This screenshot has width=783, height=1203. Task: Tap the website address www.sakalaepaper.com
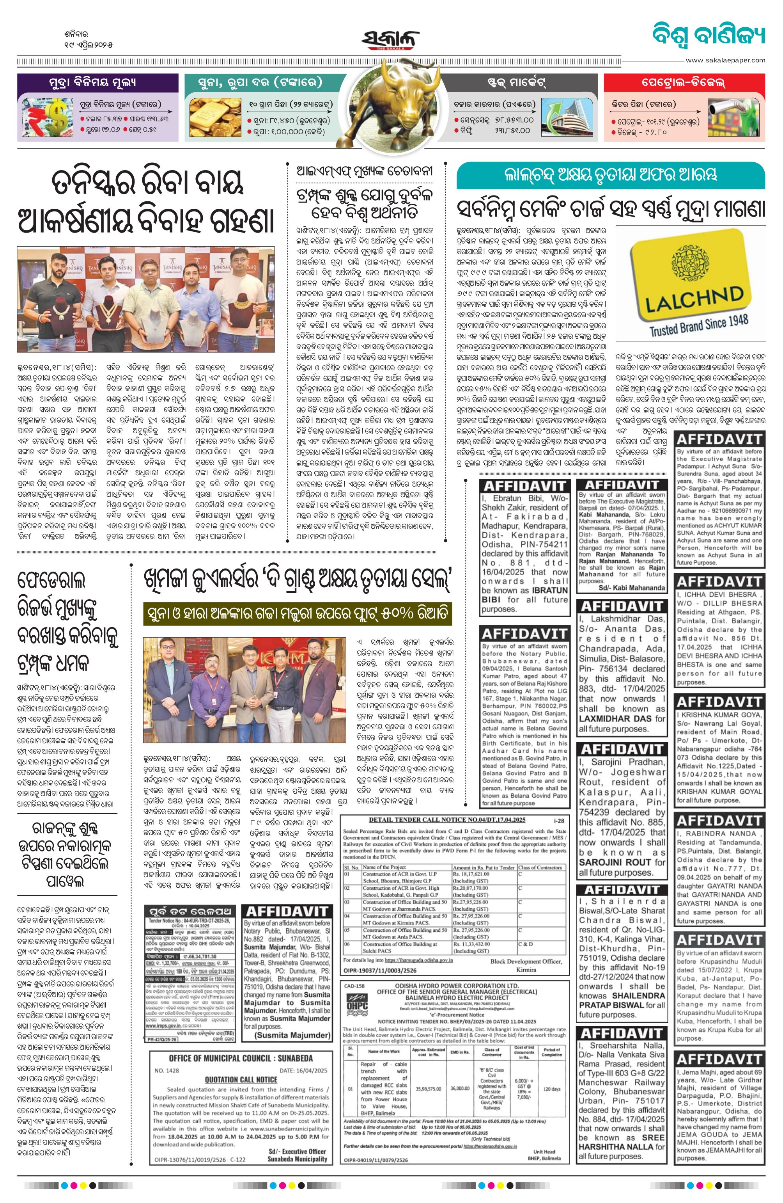[x=725, y=60]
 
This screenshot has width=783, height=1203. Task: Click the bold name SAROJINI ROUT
[x=615, y=862]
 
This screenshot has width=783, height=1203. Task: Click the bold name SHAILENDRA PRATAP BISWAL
[x=621, y=1001]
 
